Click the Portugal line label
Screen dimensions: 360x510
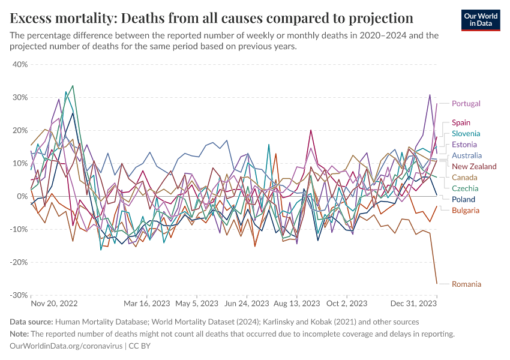pyautogui.click(x=466, y=104)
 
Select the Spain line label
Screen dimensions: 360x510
pyautogui.click(x=461, y=123)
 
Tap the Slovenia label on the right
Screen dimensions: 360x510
pyautogui.click(x=466, y=134)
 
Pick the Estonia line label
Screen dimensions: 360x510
pyautogui.click(x=464, y=145)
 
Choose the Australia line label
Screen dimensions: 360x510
pyautogui.click(x=467, y=155)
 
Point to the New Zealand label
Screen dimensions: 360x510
pyautogui.click(x=474, y=166)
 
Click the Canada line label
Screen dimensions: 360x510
pyautogui.click(x=464, y=178)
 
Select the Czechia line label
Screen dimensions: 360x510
pyautogui.click(x=465, y=188)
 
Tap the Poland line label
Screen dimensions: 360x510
pyautogui.click(x=463, y=199)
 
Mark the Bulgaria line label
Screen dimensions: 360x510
pyautogui.click(x=466, y=211)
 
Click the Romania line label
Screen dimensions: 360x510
pyautogui.click(x=466, y=284)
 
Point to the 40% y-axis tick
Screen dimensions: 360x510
pyautogui.click(x=20, y=64)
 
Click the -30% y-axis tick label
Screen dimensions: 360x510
pyautogui.click(x=19, y=295)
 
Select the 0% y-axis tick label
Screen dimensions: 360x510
pyautogui.click(x=22, y=196)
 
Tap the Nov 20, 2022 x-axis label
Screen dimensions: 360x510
pyautogui.click(x=54, y=304)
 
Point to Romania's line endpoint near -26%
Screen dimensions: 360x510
pyautogui.click(x=437, y=283)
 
